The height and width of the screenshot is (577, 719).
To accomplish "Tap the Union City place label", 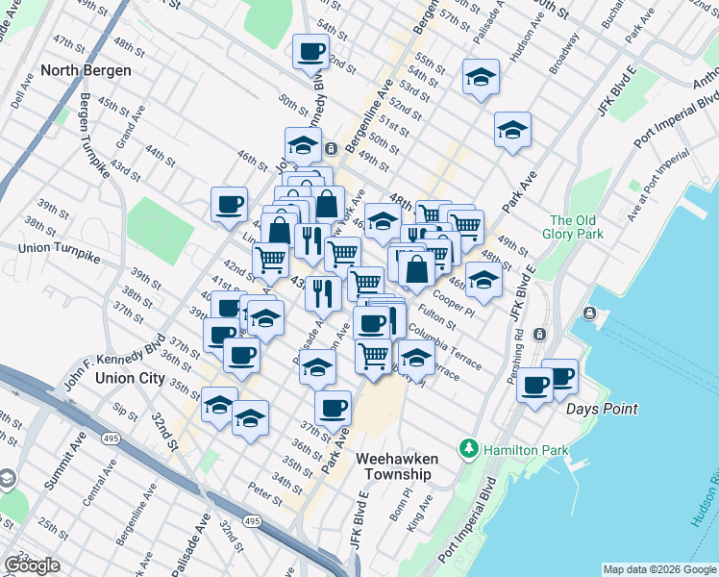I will coord(130,378).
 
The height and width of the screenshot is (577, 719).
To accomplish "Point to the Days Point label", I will coord(602,409).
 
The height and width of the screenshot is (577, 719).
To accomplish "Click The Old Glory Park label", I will coord(573,228).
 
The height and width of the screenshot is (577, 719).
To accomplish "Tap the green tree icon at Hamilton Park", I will coord(469,448).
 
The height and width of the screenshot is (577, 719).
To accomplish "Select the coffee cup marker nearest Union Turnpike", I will coord(230,203).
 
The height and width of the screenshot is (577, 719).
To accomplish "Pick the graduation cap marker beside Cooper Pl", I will coord(483,280).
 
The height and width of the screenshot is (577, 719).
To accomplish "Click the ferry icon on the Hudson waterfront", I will coord(588,314).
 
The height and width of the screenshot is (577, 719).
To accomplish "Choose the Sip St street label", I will coord(125,410).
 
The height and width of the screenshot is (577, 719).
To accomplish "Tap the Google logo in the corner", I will coord(31,565).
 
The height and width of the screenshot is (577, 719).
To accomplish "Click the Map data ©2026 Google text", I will coord(658,569).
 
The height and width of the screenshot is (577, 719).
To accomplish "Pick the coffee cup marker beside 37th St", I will coord(333,407).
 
